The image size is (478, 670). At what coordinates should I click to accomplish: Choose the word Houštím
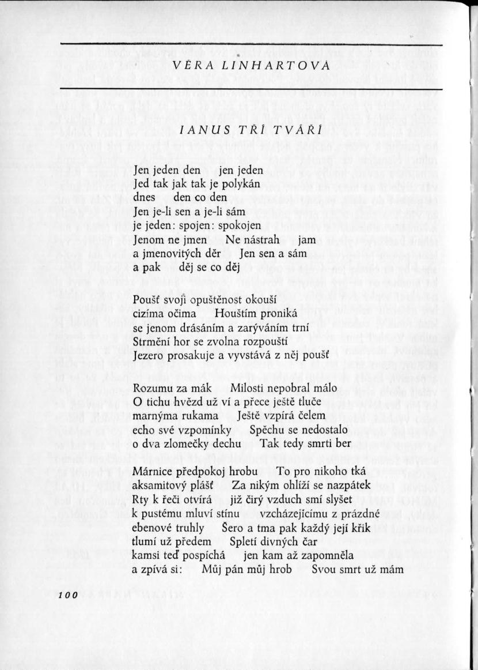tap(236, 313)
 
